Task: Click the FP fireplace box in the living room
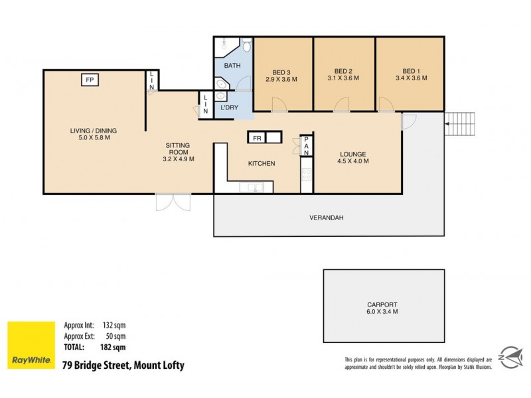[89, 80]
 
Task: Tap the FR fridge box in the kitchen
[256, 139]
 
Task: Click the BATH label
[232, 66]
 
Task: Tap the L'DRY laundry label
[230, 106]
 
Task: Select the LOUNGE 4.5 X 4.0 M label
[353, 157]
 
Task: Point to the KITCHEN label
[262, 164]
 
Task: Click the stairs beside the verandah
[461, 123]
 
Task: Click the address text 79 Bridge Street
[122, 365]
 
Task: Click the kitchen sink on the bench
[251, 188]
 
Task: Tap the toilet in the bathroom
[246, 45]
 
